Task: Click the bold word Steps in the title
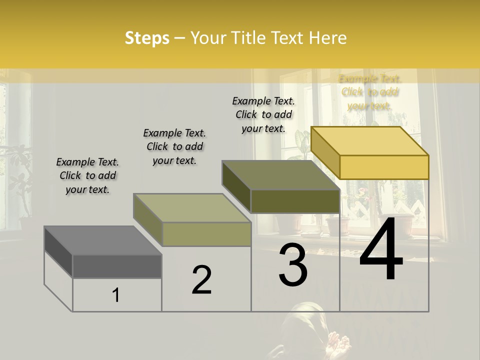click(x=147, y=38)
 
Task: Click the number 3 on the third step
click(x=293, y=265)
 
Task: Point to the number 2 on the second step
click(x=202, y=280)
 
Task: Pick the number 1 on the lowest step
click(x=116, y=295)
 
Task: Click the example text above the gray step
click(x=87, y=175)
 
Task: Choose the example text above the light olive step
click(x=174, y=146)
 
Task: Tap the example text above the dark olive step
click(x=263, y=114)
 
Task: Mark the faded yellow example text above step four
click(x=369, y=92)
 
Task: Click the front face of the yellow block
click(x=384, y=167)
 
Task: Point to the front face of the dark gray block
click(x=117, y=266)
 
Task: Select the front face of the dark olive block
click(x=295, y=201)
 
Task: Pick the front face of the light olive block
click(x=206, y=234)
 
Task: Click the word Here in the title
click(x=328, y=38)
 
